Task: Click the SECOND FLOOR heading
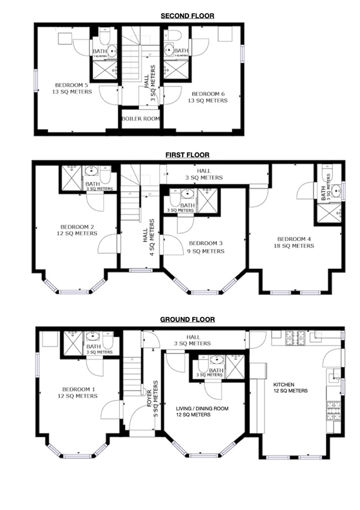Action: (187, 16)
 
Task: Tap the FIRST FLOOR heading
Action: (187, 155)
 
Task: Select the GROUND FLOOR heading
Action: (187, 319)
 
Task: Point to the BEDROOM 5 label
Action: (73, 88)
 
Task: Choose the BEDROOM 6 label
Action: (209, 97)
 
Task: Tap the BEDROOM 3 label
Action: (206, 247)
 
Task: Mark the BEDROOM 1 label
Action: (78, 392)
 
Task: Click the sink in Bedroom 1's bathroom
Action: (93, 336)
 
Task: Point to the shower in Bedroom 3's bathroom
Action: (208, 201)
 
